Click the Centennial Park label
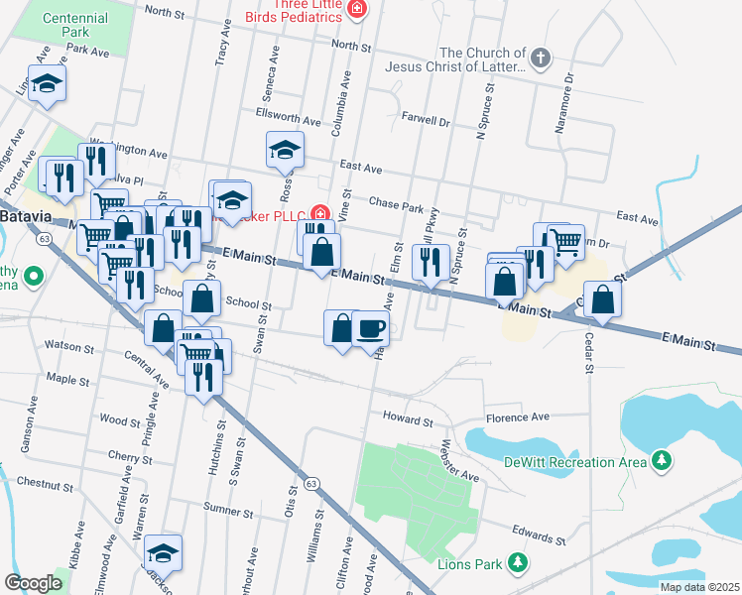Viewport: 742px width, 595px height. (76, 25)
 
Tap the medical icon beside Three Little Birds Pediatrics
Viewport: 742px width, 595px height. (356, 11)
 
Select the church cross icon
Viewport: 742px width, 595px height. (541, 59)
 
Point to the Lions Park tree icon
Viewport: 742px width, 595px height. (516, 563)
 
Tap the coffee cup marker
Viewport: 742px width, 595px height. (370, 328)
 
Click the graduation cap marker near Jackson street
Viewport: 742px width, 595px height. (163, 553)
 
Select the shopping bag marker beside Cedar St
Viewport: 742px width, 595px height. (602, 298)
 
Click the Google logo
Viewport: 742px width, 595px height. (33, 583)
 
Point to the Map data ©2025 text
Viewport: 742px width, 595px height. (698, 587)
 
